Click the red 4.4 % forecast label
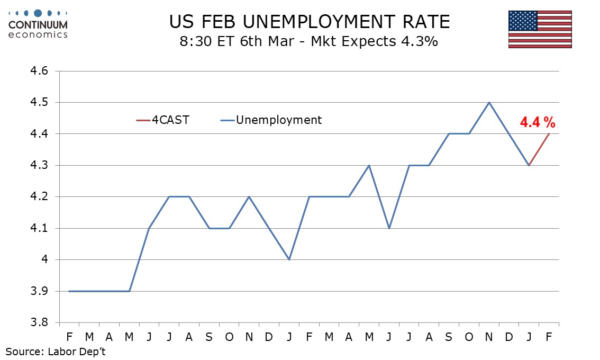pos(538,123)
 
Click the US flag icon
pos(540,29)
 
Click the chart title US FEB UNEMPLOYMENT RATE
pos(310,22)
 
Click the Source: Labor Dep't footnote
pos(56,351)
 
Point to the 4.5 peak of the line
pos(489,102)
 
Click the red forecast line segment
pos(539,149)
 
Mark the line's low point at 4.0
pos(289,259)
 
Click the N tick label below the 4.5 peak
pos(489,337)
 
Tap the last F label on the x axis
pos(549,337)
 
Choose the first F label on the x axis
pos(69,337)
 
